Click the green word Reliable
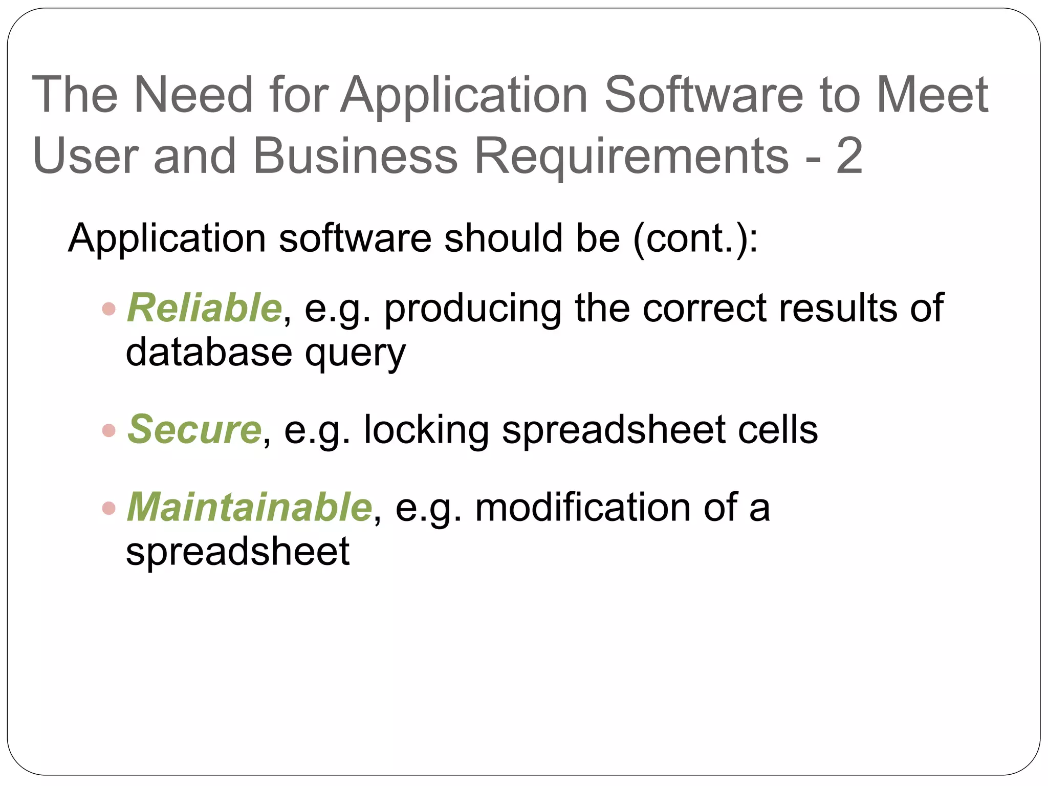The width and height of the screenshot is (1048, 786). pyautogui.click(x=204, y=308)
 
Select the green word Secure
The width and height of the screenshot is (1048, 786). pyautogui.click(x=194, y=429)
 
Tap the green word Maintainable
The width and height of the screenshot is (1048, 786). pyautogui.click(x=249, y=507)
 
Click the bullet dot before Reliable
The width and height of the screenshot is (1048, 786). pyautogui.click(x=108, y=309)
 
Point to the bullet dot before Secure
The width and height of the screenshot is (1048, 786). pyautogui.click(x=108, y=430)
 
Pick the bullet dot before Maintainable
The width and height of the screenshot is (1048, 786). pyautogui.click(x=108, y=508)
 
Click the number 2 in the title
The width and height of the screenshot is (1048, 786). pyautogui.click(x=850, y=156)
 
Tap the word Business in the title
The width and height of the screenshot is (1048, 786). pyautogui.click(x=355, y=156)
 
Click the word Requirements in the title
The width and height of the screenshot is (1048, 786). pyautogui.click(x=631, y=156)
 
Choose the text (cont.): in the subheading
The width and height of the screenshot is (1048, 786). pyautogui.click(x=695, y=238)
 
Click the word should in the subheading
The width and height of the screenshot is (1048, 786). pyautogui.click(x=504, y=238)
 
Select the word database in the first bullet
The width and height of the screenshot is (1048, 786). pyautogui.click(x=209, y=353)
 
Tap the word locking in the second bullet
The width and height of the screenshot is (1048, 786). pyautogui.click(x=426, y=429)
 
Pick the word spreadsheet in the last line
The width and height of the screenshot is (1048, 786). pyautogui.click(x=237, y=552)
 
